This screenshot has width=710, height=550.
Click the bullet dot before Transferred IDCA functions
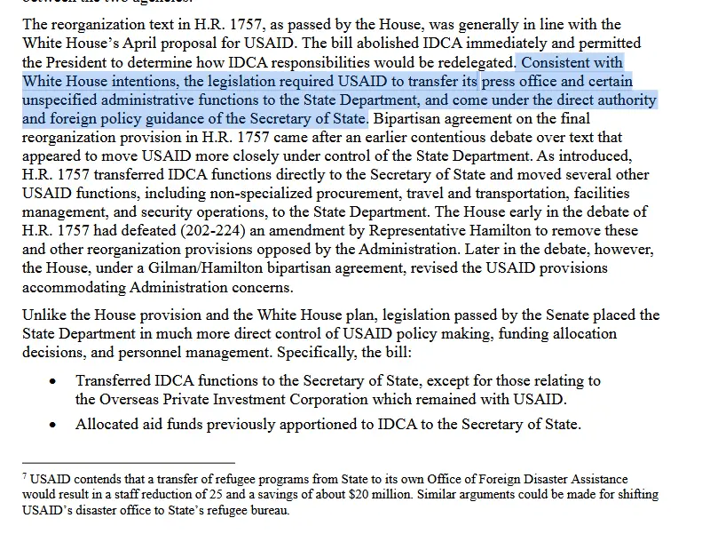(54, 381)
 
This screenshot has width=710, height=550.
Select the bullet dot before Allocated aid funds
(54, 426)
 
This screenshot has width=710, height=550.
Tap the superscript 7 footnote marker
(25, 476)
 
